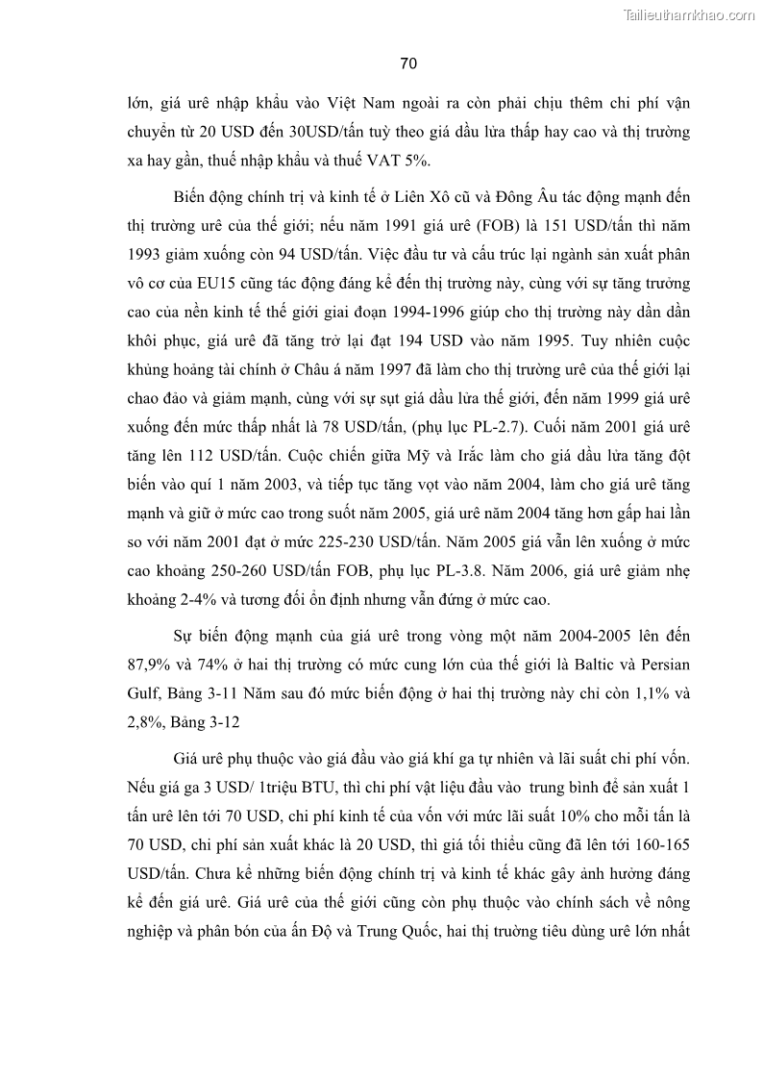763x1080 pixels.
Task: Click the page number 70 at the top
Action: (407, 64)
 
